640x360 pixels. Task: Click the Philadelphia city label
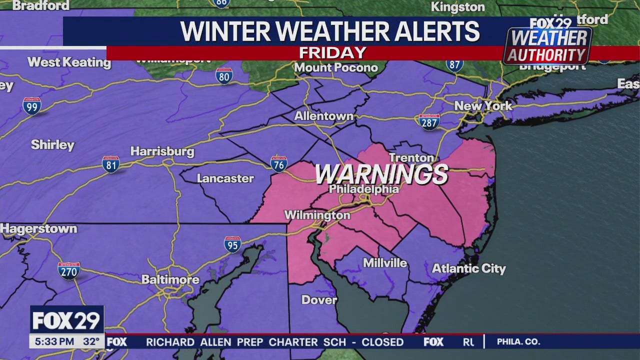click(364, 189)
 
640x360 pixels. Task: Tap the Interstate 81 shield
click(110, 164)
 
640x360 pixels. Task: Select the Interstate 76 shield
click(278, 164)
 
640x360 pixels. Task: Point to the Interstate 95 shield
click(232, 244)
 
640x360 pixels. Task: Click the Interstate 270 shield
click(69, 270)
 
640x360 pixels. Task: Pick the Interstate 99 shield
click(32, 106)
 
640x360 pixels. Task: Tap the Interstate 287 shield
click(429, 122)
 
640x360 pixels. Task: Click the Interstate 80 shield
click(224, 76)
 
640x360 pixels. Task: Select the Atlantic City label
click(468, 268)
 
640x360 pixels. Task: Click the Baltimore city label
click(170, 279)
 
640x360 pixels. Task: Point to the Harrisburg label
click(162, 151)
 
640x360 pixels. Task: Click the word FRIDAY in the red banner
click(332, 52)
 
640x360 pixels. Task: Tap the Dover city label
click(319, 300)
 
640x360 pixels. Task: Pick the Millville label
click(385, 263)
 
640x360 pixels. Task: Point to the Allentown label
click(323, 116)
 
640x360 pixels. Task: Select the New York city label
click(483, 106)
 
